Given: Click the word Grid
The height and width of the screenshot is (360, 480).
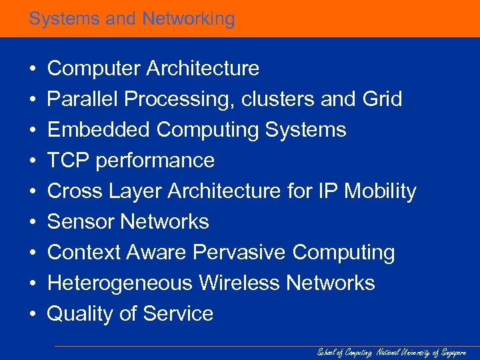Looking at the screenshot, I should (x=382, y=99).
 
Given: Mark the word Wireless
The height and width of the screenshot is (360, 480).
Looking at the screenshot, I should (x=239, y=283).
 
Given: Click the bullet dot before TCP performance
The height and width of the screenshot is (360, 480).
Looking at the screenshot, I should (x=32, y=161).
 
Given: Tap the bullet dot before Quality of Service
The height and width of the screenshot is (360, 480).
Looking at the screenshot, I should (x=32, y=315).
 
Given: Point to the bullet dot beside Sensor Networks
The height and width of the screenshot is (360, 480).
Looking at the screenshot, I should (x=32, y=223).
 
